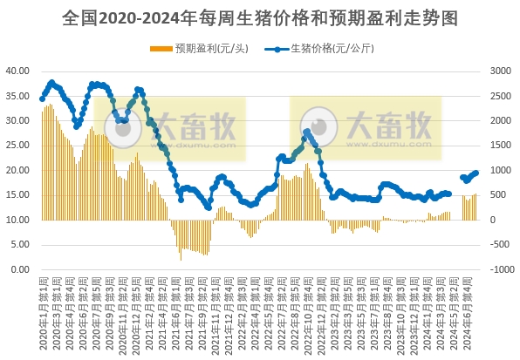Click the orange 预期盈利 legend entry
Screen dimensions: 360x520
tap(199, 49)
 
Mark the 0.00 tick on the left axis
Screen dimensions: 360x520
tap(21, 269)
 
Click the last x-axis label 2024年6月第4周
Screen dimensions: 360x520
tap(476, 314)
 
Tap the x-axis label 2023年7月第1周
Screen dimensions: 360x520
tap(373, 314)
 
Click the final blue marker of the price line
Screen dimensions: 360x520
tap(476, 173)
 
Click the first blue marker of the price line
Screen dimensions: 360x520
tap(42, 98)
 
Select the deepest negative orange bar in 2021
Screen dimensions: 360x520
tap(181, 260)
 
